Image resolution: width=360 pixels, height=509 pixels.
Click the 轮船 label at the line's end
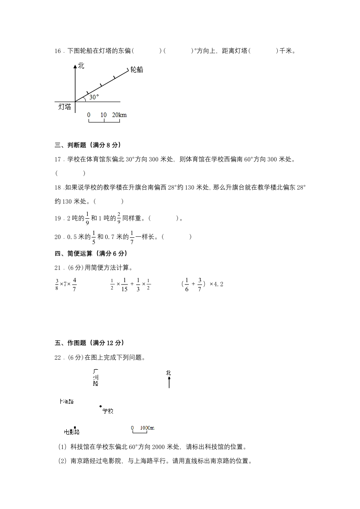(137, 69)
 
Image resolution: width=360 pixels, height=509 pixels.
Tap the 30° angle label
(94, 97)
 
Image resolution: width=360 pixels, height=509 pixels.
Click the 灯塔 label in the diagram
(65, 107)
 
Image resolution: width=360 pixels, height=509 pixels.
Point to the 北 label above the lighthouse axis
(81, 66)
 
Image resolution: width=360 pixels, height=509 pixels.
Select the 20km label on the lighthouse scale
(119, 115)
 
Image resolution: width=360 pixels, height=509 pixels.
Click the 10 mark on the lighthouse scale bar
(104, 115)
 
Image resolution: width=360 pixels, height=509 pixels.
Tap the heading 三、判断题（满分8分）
(87, 145)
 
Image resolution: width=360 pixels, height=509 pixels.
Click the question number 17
(58, 159)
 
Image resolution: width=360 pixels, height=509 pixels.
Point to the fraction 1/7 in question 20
(132, 236)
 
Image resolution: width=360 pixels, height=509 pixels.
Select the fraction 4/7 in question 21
(74, 284)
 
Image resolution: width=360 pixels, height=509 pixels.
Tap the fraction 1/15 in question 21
(125, 284)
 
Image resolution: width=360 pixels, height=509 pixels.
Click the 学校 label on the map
(108, 411)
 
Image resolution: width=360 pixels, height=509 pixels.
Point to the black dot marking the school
(100, 406)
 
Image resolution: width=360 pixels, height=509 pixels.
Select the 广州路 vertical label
(95, 377)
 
